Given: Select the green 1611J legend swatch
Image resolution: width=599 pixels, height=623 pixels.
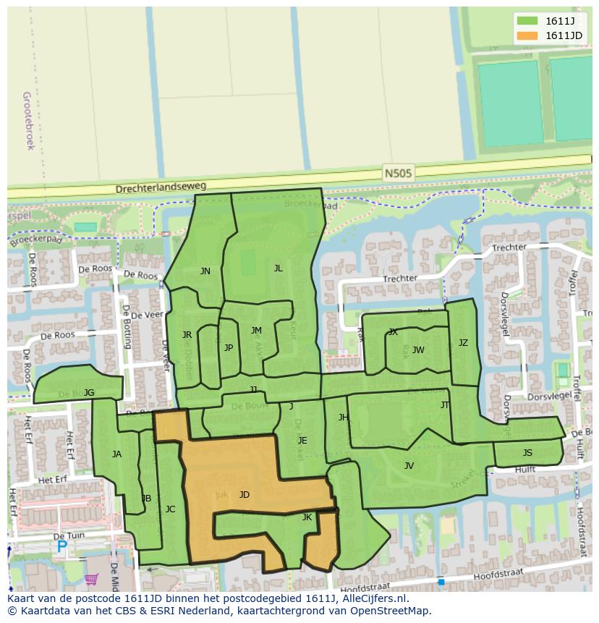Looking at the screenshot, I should pyautogui.click(x=527, y=20).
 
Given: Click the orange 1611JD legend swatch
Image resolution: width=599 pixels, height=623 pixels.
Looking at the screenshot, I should pyautogui.click(x=527, y=35).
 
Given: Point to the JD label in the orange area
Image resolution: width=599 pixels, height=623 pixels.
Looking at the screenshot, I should pyautogui.click(x=245, y=495).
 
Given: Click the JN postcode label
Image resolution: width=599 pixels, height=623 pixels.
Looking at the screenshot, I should pyautogui.click(x=205, y=271).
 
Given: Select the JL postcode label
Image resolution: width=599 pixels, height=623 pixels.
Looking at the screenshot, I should pyautogui.click(x=279, y=268).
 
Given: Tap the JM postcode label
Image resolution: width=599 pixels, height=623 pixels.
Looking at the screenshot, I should pyautogui.click(x=256, y=331).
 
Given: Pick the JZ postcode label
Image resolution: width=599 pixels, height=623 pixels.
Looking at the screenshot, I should pyautogui.click(x=463, y=343).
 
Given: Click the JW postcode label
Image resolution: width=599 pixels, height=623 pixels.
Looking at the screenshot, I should pyautogui.click(x=418, y=350).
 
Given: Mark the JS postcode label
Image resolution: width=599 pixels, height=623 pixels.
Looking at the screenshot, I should pyautogui.click(x=527, y=453).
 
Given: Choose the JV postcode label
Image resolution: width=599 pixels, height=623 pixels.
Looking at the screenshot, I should pyautogui.click(x=409, y=466).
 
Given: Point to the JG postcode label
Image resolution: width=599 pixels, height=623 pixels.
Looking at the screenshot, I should pyautogui.click(x=89, y=393).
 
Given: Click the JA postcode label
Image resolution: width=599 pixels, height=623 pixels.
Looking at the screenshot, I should pyautogui.click(x=117, y=454).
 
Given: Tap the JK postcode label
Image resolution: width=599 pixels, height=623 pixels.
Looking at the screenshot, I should pyautogui.click(x=307, y=517).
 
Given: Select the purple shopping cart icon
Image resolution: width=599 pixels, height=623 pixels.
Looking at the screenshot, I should pyautogui.click(x=92, y=579).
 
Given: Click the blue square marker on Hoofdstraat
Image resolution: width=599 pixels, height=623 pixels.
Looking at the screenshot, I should pyautogui.click(x=441, y=581).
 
